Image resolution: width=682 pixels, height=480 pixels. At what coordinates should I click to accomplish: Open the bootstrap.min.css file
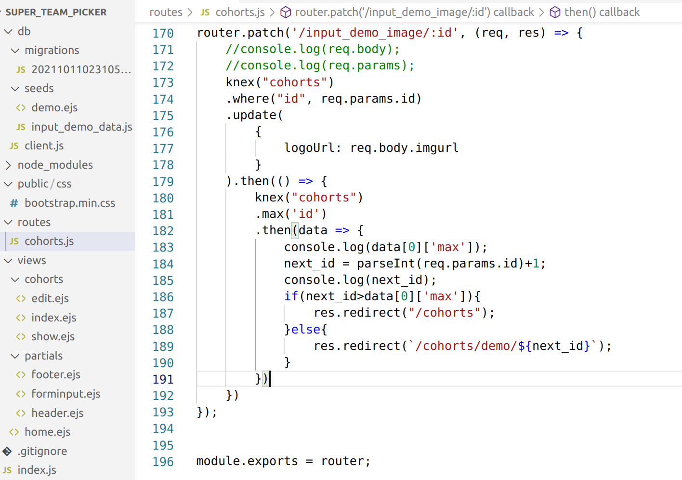click(x=69, y=203)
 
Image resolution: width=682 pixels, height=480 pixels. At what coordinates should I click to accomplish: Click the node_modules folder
click(x=55, y=165)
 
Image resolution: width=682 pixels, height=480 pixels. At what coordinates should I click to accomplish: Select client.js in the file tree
click(x=44, y=146)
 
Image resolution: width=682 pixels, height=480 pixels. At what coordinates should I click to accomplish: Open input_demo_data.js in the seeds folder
click(x=81, y=127)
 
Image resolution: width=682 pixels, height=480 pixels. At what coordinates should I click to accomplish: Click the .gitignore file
click(x=42, y=451)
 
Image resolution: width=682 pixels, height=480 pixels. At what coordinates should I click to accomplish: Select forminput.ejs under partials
click(x=66, y=394)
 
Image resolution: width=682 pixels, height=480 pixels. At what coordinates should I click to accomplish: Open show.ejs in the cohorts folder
click(x=52, y=336)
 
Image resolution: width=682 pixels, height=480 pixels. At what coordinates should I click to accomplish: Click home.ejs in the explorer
click(x=47, y=432)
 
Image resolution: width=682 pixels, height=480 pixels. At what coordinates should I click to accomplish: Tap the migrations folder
click(x=52, y=50)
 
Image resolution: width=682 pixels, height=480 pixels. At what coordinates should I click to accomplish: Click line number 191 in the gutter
click(x=163, y=379)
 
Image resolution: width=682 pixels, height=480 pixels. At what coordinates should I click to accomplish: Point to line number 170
click(x=163, y=33)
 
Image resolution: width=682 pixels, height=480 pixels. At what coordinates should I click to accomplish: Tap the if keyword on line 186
click(x=291, y=296)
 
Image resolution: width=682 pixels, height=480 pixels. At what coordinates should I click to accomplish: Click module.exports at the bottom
click(x=247, y=461)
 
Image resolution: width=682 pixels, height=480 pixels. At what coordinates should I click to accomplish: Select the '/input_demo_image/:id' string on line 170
click(x=375, y=33)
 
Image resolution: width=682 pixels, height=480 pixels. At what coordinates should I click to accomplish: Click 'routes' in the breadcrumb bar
click(x=166, y=12)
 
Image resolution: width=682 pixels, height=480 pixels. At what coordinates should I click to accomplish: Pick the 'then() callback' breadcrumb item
click(x=602, y=12)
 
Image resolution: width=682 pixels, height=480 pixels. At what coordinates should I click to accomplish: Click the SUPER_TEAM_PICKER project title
click(x=56, y=12)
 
